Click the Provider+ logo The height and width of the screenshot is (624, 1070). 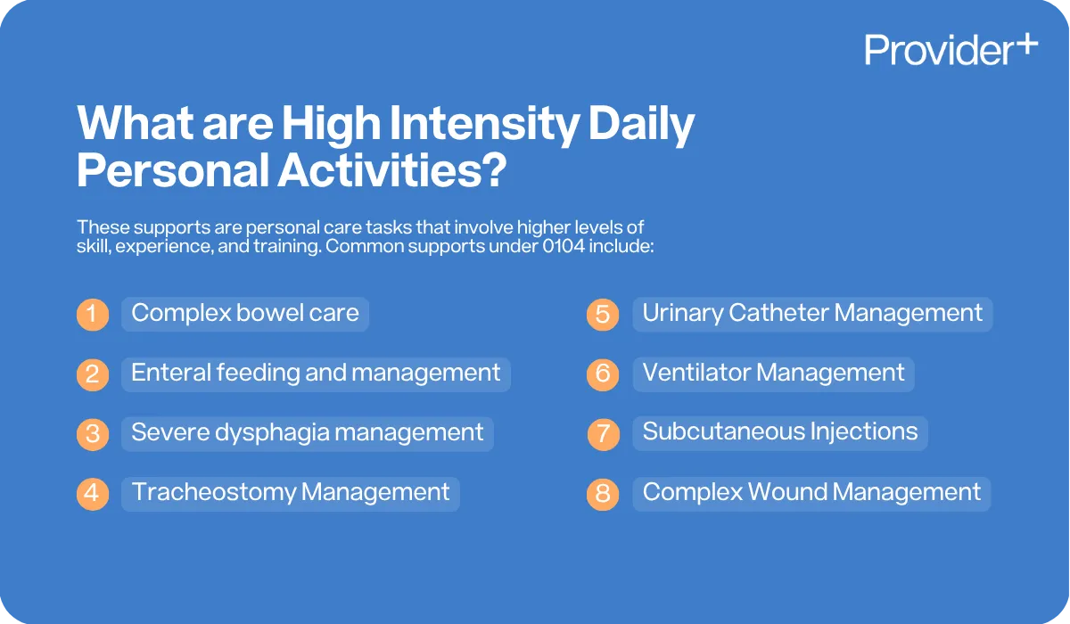click(951, 49)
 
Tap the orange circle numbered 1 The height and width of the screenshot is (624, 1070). click(92, 315)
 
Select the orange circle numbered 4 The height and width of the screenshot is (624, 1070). click(92, 494)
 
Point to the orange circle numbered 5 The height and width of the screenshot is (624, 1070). click(603, 315)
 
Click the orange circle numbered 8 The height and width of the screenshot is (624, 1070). click(603, 494)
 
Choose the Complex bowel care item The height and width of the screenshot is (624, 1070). click(245, 313)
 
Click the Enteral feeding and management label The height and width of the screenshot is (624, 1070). click(316, 373)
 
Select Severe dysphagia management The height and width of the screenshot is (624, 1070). click(307, 432)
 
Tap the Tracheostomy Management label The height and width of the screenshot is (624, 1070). click(291, 492)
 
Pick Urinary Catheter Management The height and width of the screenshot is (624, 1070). click(812, 313)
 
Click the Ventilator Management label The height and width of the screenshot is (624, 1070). click(773, 373)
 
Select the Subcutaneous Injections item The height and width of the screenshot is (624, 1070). click(780, 432)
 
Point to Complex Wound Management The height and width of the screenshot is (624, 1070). click(811, 492)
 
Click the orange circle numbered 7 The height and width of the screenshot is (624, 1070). click(603, 434)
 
